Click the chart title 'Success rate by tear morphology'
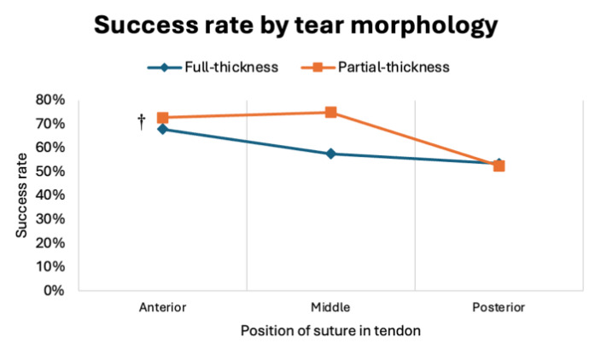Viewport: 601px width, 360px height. click(295, 26)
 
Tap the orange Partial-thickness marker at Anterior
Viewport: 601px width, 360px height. click(162, 118)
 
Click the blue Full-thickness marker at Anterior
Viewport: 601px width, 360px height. click(162, 129)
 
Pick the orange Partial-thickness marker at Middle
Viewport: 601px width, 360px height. click(330, 113)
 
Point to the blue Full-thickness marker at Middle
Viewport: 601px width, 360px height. click(330, 154)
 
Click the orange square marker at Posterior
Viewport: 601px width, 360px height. click(499, 165)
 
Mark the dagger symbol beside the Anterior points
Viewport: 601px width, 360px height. click(142, 121)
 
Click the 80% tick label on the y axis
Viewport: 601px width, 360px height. click(50, 100)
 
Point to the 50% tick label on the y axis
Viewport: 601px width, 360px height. click(50, 171)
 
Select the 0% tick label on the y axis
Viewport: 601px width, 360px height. click(53, 290)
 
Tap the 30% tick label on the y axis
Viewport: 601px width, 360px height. click(50, 218)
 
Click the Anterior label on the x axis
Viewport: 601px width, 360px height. click(161, 307)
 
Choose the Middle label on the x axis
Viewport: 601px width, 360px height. click(330, 307)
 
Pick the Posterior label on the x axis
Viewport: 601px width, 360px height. click(499, 307)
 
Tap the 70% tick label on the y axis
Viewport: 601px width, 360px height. click(50, 124)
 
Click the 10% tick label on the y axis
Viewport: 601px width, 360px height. click(50, 266)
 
